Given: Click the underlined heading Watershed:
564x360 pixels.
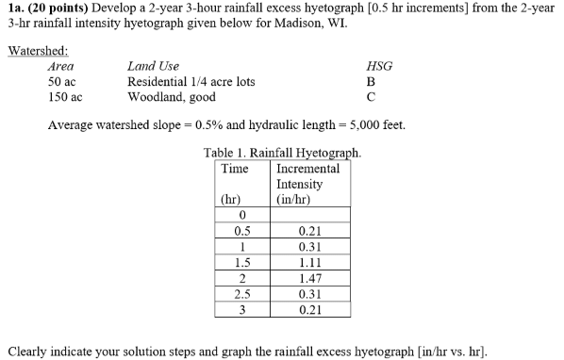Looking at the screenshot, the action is pos(37,51).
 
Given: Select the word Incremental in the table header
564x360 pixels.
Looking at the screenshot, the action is pos(308,168).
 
